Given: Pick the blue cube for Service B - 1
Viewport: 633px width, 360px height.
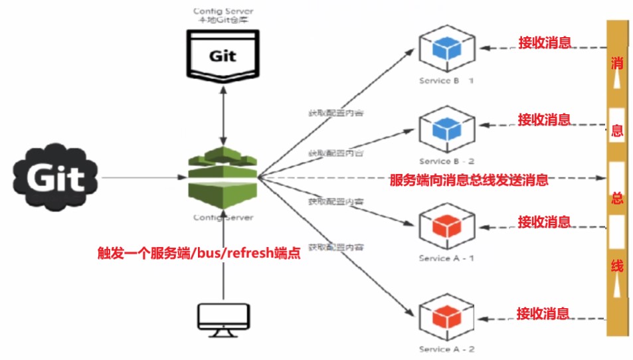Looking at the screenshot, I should pos(446,48).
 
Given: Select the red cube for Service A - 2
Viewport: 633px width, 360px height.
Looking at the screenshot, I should pos(446,319).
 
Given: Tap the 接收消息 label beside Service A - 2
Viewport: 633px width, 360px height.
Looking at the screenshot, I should pos(543,313).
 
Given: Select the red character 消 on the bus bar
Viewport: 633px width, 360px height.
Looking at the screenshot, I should pos(617,64).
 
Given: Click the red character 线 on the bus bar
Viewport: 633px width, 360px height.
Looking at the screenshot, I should pos(617,266).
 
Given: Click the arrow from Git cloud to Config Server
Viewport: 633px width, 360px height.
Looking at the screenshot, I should pos(143,177).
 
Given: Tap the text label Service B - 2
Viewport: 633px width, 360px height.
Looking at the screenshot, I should pos(446,161).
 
